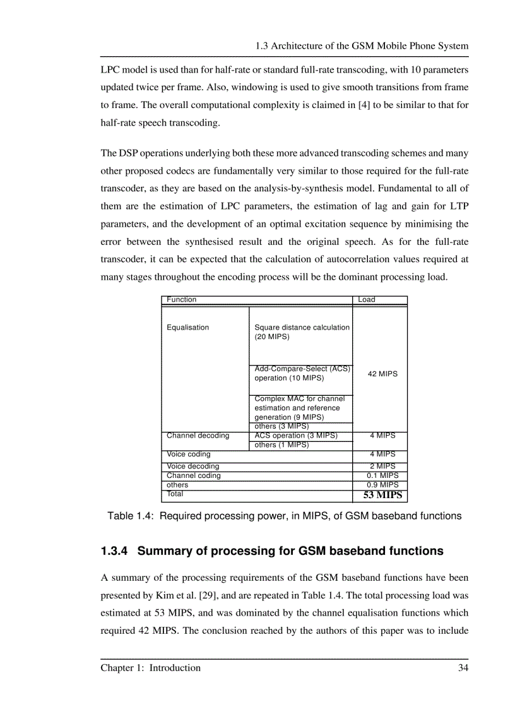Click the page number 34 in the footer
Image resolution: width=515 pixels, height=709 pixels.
point(463,668)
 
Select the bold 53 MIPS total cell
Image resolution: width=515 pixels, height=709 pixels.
point(382,496)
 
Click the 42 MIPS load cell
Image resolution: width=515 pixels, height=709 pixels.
point(382,374)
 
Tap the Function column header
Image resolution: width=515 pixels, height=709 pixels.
point(182,300)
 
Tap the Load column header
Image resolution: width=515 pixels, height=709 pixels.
point(367,300)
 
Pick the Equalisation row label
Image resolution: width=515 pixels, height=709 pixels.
point(187,328)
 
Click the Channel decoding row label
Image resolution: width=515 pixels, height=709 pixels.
point(198,436)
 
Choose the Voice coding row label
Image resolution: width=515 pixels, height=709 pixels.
point(189,454)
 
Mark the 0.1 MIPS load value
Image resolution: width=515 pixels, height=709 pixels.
point(382,476)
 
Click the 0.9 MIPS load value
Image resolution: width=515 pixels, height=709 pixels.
point(382,485)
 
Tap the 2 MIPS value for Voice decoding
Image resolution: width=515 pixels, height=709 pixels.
point(382,467)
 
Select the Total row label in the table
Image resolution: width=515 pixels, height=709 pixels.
point(175,494)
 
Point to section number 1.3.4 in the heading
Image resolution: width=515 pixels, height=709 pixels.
point(115,551)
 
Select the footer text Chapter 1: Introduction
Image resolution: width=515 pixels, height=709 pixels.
point(151,668)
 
